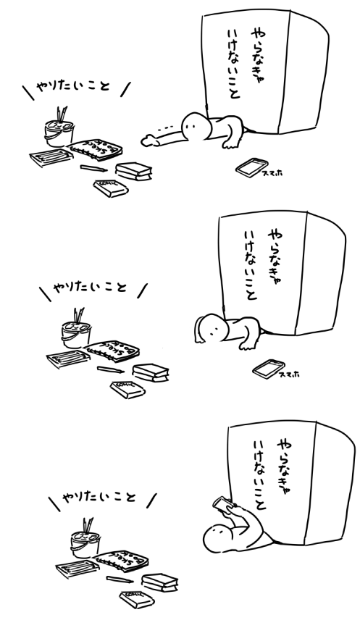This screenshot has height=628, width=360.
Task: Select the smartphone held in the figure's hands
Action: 222,505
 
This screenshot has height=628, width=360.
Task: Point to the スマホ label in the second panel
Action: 290,374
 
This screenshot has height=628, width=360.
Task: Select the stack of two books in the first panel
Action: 134,171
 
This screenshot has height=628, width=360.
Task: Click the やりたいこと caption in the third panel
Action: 101,500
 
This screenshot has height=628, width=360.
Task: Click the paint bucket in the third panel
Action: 83,542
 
